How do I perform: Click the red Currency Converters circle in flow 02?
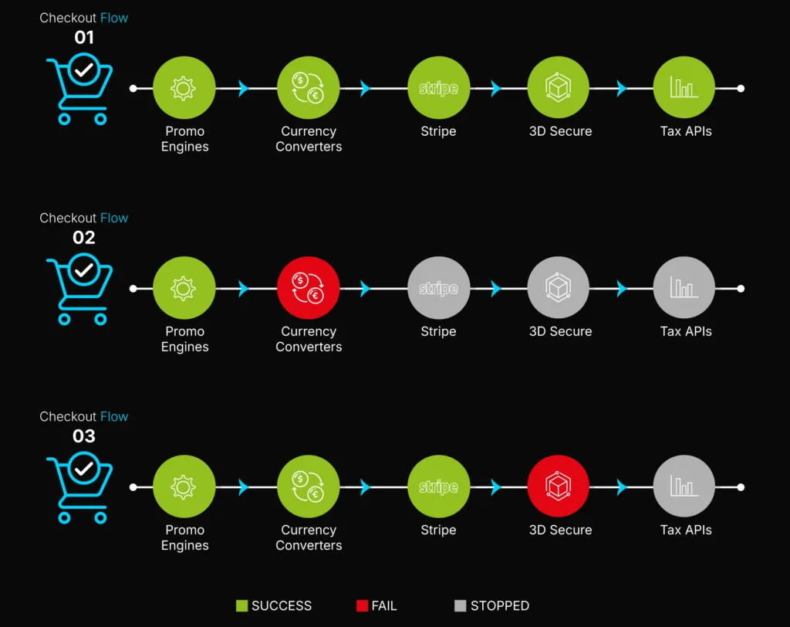tap(308, 288)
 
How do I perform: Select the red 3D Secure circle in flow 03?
tap(559, 486)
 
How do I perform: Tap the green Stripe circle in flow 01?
tap(438, 88)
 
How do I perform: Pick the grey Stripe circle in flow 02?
tap(438, 288)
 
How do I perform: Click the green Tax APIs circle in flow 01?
tap(684, 88)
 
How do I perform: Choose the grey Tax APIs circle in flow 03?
tap(684, 486)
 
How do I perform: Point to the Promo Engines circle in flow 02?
tap(184, 288)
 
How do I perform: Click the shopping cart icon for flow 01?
tap(80, 90)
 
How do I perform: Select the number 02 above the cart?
tap(84, 237)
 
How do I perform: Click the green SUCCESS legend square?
tap(241, 606)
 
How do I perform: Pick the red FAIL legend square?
tap(362, 606)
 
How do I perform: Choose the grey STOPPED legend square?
tap(461, 606)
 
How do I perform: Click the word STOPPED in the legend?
tap(500, 606)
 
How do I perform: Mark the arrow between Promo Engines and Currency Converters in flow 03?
tap(245, 486)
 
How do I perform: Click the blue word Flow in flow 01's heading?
tap(114, 18)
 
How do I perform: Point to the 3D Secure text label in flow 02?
tap(560, 331)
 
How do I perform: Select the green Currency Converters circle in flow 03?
tap(308, 486)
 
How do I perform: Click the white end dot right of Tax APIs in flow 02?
tap(741, 288)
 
